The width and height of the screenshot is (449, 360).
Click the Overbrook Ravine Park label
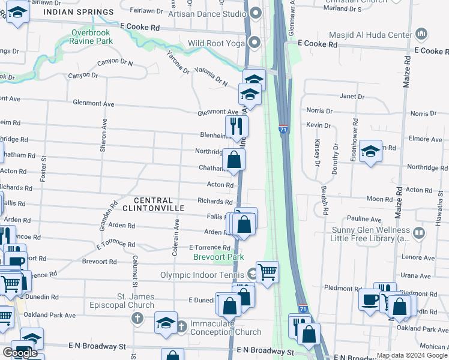(91, 37)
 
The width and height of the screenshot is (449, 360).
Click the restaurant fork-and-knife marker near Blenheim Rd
(237, 126)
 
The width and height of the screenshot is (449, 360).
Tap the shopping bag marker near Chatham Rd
(234, 160)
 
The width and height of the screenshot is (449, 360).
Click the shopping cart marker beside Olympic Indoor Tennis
(267, 272)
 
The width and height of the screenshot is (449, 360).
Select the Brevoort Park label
(218, 257)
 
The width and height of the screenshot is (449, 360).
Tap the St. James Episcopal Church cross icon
(137, 317)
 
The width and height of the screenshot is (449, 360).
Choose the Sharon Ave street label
(104, 134)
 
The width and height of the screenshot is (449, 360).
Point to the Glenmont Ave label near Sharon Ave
(93, 104)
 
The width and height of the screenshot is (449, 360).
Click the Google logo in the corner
(20, 353)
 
